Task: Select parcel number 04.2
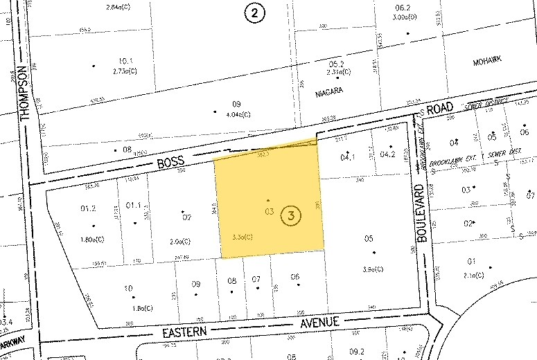[387, 154]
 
